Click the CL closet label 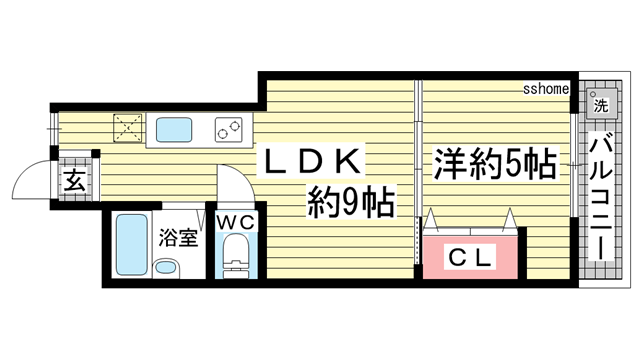click(469, 256)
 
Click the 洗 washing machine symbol click(599, 103)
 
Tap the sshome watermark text click(546, 89)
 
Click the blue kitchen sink click(180, 129)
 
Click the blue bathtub click(130, 246)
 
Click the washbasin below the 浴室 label click(165, 267)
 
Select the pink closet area click(470, 256)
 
